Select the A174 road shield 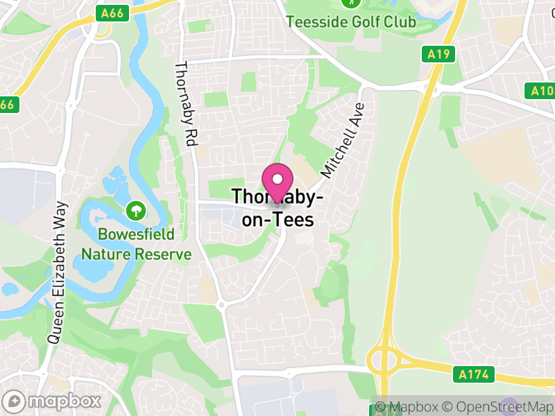pos(474,375)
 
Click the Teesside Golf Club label pos(351,21)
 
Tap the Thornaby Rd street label pos(185,103)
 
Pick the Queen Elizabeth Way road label pos(58,272)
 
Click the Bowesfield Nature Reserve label pos(136,244)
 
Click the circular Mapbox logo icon pos(15,401)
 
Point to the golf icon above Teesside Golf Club pos(354,3)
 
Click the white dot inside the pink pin pos(277,179)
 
